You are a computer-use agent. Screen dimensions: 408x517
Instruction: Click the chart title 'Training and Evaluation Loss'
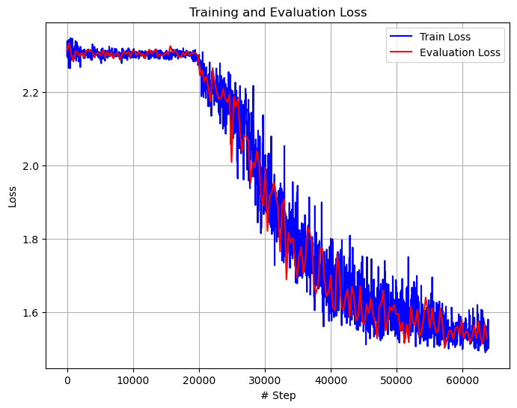(x=278, y=12)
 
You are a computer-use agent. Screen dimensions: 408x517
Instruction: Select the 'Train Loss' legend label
(x=446, y=36)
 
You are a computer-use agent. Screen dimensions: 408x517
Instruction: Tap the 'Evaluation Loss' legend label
(x=459, y=52)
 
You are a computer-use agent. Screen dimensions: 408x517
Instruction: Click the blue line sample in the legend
(x=402, y=36)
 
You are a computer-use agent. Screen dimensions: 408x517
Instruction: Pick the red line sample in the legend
(x=402, y=52)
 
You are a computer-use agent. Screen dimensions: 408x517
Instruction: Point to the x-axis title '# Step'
(x=278, y=395)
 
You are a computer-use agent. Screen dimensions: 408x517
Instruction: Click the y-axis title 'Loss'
(x=12, y=197)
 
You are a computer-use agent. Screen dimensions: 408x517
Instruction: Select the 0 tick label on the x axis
(x=67, y=380)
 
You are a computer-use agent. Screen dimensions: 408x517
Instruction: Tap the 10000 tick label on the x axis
(x=133, y=380)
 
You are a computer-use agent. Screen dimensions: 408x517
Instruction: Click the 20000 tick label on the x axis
(x=199, y=380)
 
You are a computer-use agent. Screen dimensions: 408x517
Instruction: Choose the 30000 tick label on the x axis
(x=265, y=380)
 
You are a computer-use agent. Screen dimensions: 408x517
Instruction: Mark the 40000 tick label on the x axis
(x=330, y=380)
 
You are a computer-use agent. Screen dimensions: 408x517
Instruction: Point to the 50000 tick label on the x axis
(x=396, y=380)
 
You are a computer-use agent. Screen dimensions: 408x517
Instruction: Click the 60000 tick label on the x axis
(x=462, y=380)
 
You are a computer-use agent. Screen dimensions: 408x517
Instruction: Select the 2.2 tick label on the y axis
(x=31, y=93)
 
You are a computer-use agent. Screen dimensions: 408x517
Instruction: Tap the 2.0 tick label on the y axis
(x=31, y=166)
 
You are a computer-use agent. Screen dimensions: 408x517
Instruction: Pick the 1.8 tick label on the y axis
(x=31, y=240)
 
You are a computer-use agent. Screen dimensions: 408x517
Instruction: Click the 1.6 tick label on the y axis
(x=31, y=313)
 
